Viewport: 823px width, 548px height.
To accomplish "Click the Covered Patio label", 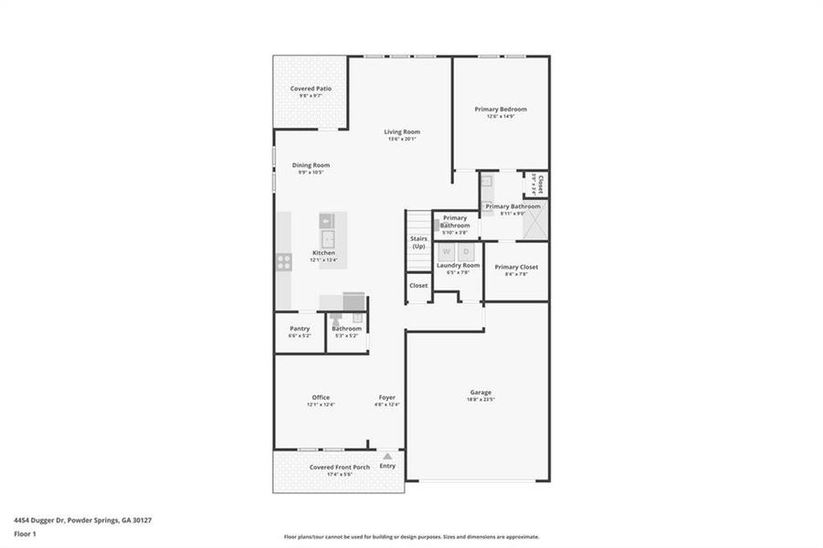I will pyautogui.click(x=311, y=89).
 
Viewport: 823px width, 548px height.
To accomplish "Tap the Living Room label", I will pyautogui.click(x=401, y=132).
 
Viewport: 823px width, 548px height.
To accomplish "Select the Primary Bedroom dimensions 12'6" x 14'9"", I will pyautogui.click(x=501, y=116).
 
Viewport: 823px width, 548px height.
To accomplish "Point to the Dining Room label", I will pyautogui.click(x=311, y=165).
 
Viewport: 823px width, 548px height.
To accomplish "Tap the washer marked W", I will pyautogui.click(x=447, y=251).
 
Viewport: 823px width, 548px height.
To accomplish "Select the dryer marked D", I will pyautogui.click(x=466, y=251).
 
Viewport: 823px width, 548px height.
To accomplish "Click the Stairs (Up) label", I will pyautogui.click(x=418, y=242).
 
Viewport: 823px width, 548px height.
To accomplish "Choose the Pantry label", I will pyautogui.click(x=300, y=329).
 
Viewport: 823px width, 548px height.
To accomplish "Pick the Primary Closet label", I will pyautogui.click(x=516, y=267).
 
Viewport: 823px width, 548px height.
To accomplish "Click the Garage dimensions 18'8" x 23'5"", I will pyautogui.click(x=480, y=399).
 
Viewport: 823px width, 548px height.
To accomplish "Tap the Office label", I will pyautogui.click(x=321, y=397).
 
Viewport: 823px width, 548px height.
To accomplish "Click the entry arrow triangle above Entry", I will pyautogui.click(x=388, y=456).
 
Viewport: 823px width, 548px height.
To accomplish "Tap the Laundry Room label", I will pyautogui.click(x=458, y=265).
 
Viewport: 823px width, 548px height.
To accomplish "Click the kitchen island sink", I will pyautogui.click(x=328, y=222).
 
